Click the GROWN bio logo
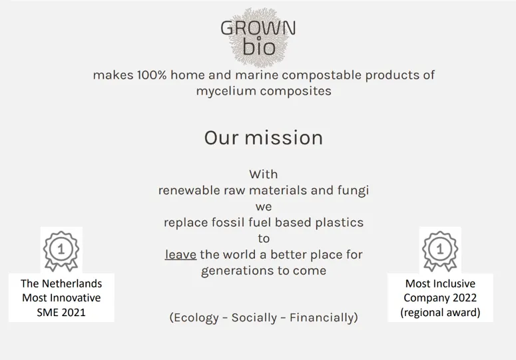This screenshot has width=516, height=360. (x=258, y=37)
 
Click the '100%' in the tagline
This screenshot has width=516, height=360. (x=152, y=75)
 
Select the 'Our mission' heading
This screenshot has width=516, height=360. (x=263, y=138)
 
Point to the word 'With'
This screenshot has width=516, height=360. (x=264, y=174)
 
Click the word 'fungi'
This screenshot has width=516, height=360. (x=353, y=190)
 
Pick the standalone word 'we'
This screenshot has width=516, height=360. (x=264, y=206)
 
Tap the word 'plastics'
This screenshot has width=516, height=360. (x=339, y=222)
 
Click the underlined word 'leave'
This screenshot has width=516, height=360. (x=180, y=254)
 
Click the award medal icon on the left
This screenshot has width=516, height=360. (x=61, y=250)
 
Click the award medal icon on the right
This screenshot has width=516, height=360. (x=440, y=250)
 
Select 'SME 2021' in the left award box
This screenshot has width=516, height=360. (x=61, y=312)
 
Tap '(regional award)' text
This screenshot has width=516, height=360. (x=440, y=312)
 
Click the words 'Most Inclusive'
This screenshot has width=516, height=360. (x=440, y=283)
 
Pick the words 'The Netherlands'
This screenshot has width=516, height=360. (x=61, y=283)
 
